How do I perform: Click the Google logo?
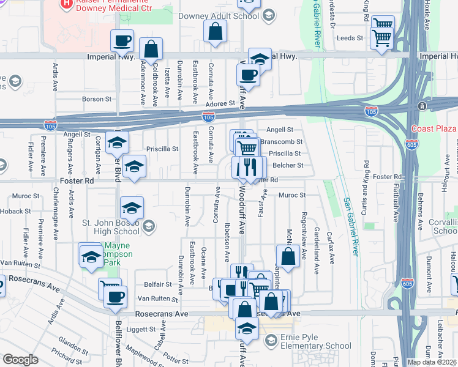click(x=20, y=360)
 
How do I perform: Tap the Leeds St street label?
click(x=350, y=38)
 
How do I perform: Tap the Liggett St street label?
click(x=143, y=329)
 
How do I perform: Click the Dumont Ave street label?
click(x=429, y=267)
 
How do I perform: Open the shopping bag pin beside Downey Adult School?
click(x=216, y=32)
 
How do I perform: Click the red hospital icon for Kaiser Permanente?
click(x=66, y=4)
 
